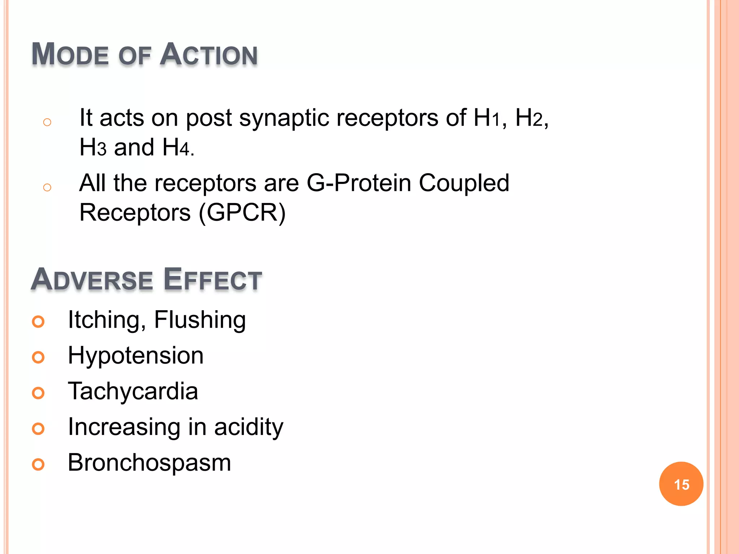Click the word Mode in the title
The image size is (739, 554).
(70, 54)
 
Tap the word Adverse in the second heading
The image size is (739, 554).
(92, 280)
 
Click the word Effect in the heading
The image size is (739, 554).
(213, 280)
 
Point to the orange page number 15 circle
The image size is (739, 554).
(681, 484)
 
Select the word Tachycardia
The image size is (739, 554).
(133, 391)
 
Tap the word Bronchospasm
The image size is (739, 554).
(149, 463)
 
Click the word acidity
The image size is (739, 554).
(249, 427)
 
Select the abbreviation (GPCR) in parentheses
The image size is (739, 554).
(242, 212)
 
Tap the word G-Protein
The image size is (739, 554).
(359, 183)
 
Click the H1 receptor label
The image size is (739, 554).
(486, 118)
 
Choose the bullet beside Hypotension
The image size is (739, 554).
(38, 357)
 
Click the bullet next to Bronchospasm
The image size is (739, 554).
(38, 464)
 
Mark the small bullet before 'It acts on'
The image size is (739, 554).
(47, 122)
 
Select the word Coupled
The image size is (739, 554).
(464, 183)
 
